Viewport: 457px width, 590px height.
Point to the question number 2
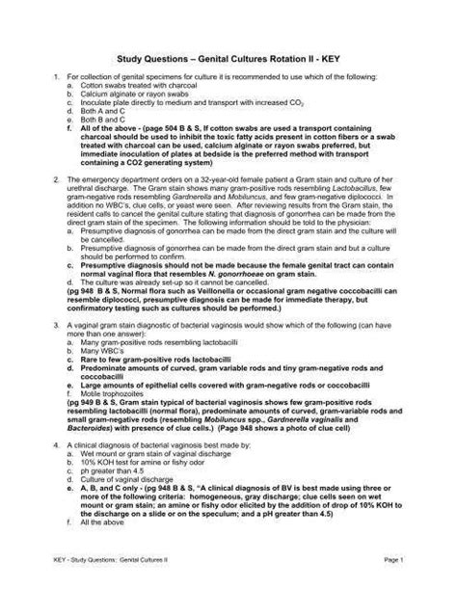[56, 179]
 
